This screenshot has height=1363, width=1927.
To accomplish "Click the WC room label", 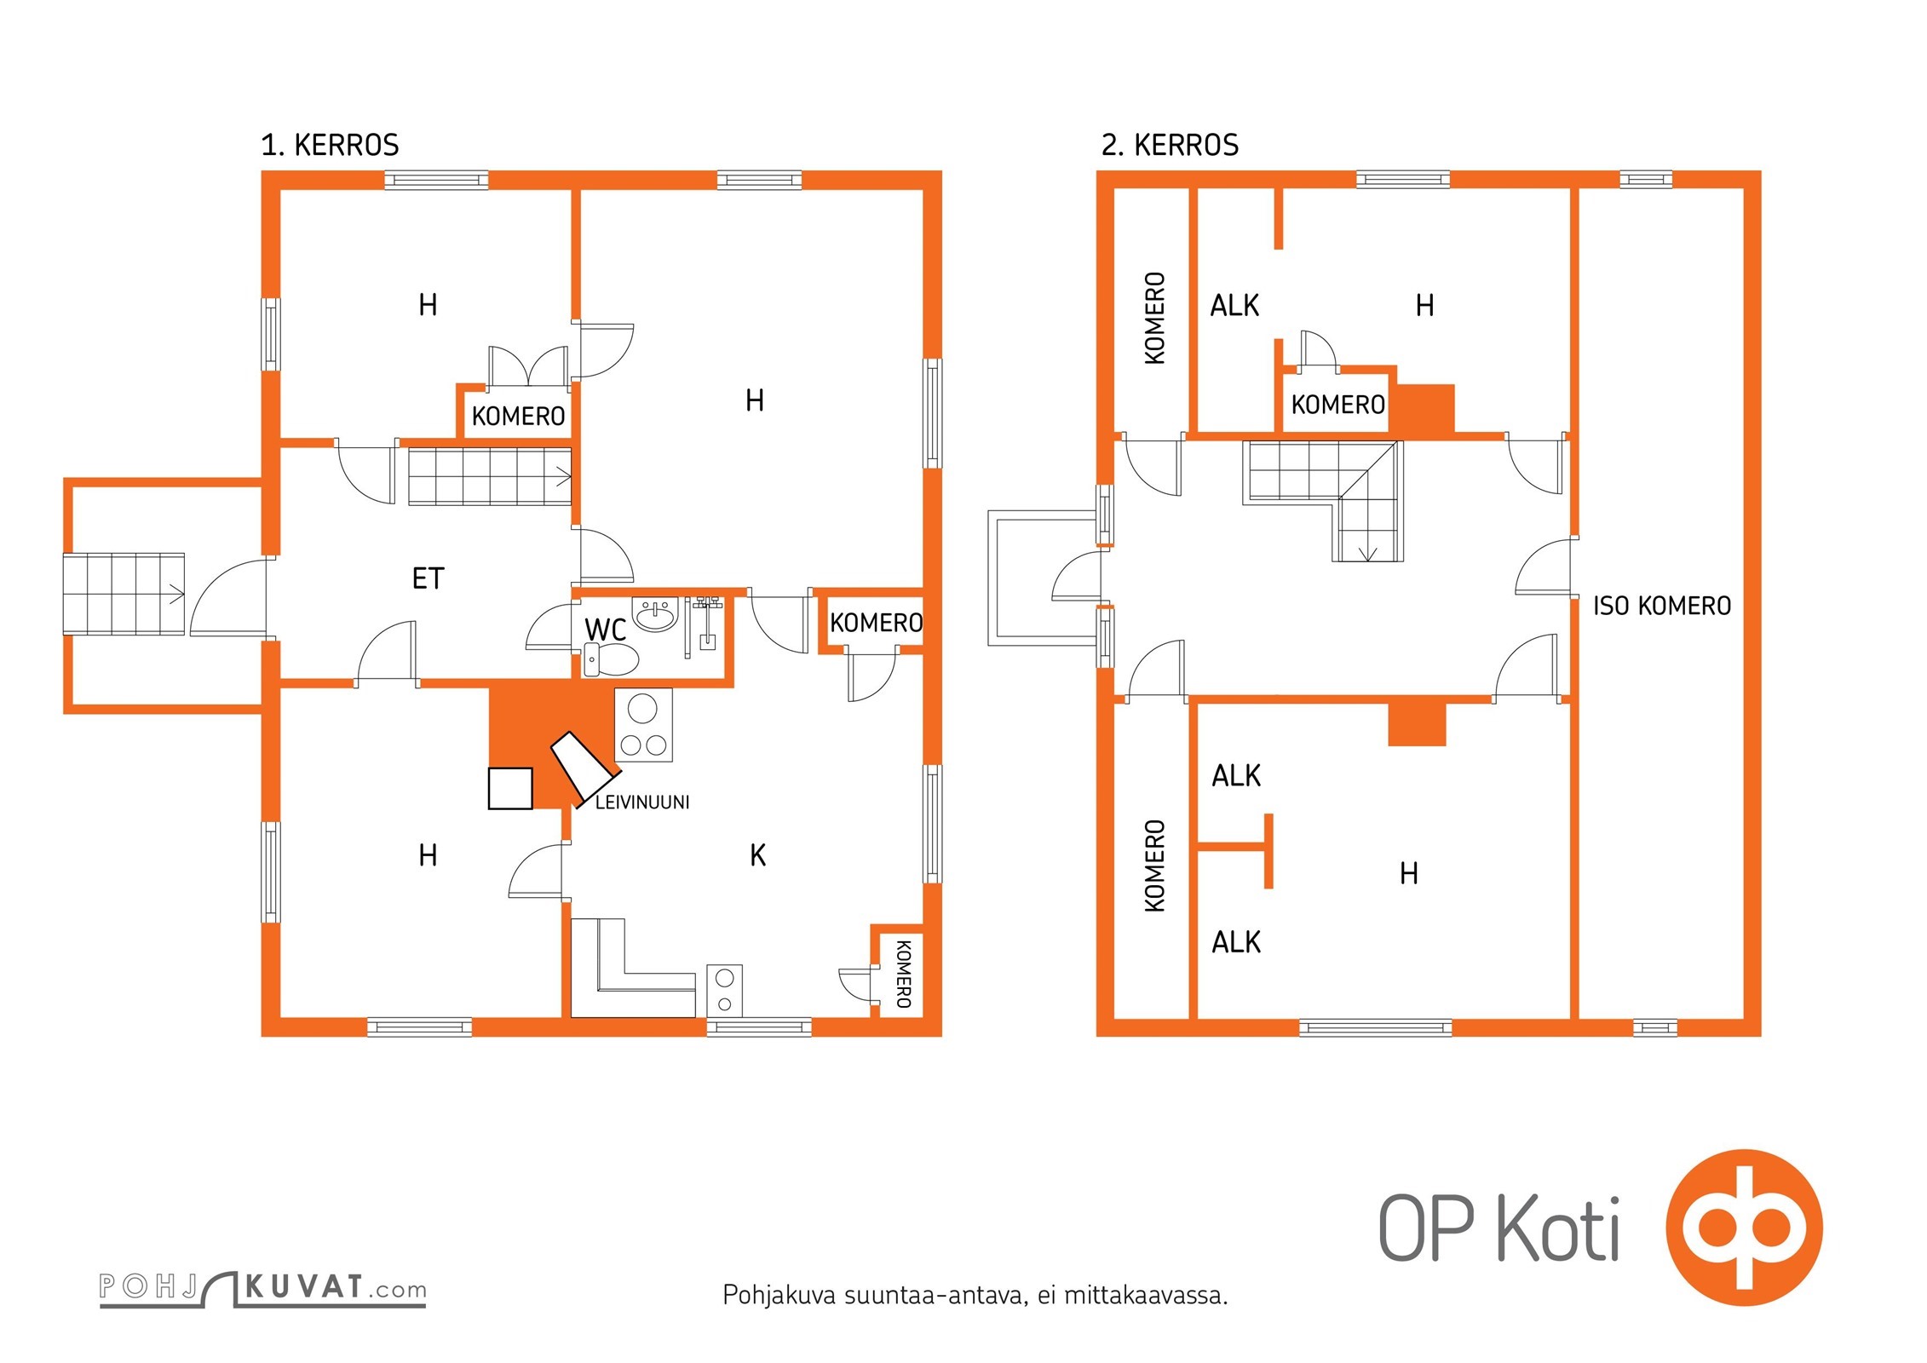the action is coord(605,630).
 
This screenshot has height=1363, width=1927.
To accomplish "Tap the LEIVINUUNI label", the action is coord(642,802).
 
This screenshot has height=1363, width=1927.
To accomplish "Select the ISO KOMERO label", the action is coord(1662,607).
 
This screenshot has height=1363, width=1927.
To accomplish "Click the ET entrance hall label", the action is coord(428,579).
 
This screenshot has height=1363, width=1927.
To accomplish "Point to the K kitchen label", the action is coord(758,855).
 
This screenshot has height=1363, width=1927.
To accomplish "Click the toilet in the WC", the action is coord(612,660).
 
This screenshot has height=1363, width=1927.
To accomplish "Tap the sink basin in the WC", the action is coord(655,614).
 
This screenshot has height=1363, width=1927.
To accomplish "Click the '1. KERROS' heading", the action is coord(330,146).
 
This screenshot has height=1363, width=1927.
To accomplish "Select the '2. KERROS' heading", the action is coord(1170,146).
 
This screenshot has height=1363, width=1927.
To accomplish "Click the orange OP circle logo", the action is coord(1744,1228).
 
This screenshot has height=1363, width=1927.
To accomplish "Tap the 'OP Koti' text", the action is coord(1499,1228).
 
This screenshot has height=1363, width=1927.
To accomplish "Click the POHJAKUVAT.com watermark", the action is coord(262,1288).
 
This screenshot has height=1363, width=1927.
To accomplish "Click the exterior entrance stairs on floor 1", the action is coord(124,594).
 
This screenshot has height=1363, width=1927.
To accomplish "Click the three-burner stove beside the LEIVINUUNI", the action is coord(643,725).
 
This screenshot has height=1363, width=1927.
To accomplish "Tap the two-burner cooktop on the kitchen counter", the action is coord(724,991).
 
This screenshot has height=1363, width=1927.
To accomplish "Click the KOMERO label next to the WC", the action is coord(876,624).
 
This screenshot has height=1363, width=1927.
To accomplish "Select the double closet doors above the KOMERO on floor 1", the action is coord(528,366).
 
